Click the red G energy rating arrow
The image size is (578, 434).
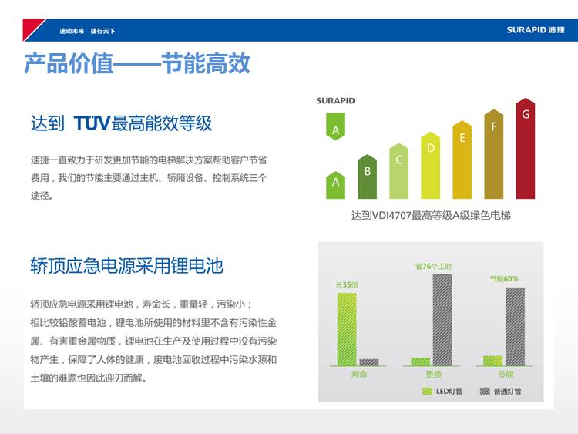526,149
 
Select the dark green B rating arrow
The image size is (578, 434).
367,177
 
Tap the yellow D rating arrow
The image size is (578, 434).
431,166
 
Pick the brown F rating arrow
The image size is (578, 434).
493,154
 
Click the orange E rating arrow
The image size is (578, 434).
462,160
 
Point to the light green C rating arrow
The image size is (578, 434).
399,171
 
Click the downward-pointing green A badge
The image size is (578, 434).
335,126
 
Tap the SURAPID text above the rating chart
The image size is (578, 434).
335,101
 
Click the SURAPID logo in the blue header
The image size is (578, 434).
536,30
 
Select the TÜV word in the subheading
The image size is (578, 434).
92,123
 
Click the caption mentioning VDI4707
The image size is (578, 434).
431,215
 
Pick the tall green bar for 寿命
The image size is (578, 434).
347,329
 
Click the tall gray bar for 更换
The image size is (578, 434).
442,320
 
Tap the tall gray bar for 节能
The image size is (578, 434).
515,326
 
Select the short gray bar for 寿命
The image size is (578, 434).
369,362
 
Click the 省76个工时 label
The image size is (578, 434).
433,266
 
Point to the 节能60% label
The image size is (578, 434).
504,279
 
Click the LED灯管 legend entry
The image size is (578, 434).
442,392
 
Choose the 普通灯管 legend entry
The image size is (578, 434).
501,392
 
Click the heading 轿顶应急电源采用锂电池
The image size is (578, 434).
127,265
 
